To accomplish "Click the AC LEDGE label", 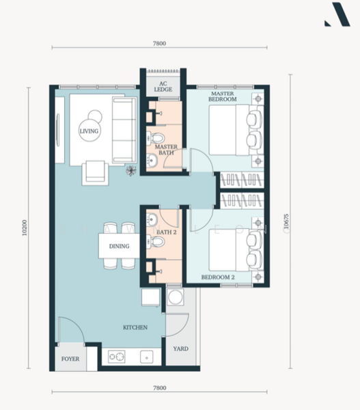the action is click(x=163, y=87).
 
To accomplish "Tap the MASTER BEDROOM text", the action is click(x=223, y=96).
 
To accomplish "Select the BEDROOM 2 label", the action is click(x=218, y=277).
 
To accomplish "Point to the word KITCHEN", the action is click(x=135, y=327).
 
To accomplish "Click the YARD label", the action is click(x=180, y=348).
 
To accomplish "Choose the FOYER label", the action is click(x=70, y=359).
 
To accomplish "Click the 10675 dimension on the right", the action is click(x=286, y=221).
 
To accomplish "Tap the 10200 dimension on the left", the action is click(x=25, y=228).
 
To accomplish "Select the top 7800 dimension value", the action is click(x=159, y=44).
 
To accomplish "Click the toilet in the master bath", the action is click(x=155, y=138).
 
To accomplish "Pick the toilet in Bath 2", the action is click(x=155, y=241).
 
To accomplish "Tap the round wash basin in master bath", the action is click(x=152, y=160).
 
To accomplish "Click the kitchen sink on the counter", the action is click(x=147, y=357).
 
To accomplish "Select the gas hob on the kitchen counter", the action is click(x=117, y=357).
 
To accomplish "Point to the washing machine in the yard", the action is click(x=175, y=297).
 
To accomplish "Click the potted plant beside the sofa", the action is click(x=131, y=171).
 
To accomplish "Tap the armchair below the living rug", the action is click(x=95, y=173).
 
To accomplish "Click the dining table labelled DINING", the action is click(x=120, y=246).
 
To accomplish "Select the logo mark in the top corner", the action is click(x=337, y=14).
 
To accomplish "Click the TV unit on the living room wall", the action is click(x=59, y=130).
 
